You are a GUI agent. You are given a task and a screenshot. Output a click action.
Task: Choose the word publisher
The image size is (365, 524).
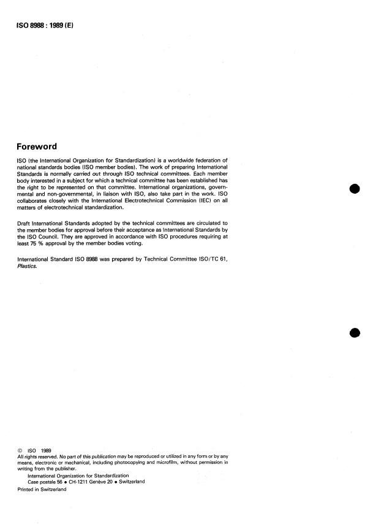60,468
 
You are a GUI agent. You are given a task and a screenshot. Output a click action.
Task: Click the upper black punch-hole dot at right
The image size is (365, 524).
354,189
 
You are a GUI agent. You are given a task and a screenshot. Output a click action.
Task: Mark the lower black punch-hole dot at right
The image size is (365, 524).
354,333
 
